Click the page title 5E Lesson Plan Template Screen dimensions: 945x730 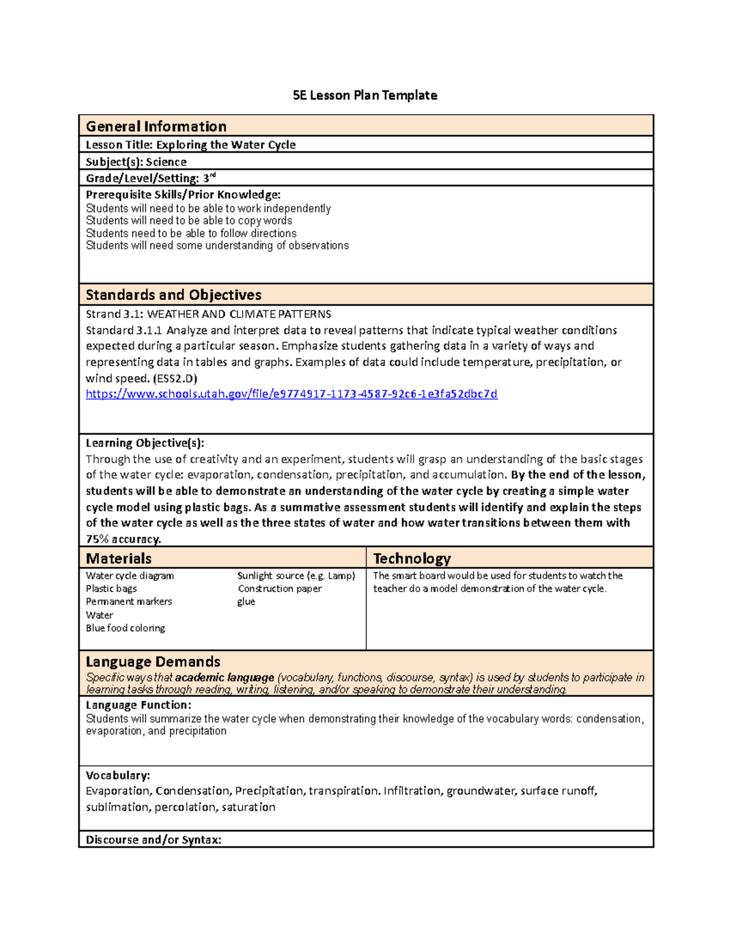coord(364,96)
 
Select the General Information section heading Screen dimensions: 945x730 coord(156,127)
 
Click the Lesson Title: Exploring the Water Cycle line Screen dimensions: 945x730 coord(190,145)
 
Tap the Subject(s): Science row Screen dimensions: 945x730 coord(136,162)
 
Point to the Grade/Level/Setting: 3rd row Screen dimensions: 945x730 coord(150,178)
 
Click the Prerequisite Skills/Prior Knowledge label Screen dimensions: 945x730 coord(183,195)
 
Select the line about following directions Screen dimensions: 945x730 coord(191,233)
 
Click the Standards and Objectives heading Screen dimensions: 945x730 coord(173,295)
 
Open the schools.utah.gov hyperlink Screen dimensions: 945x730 coord(291,394)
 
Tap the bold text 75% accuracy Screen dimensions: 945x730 coord(123,539)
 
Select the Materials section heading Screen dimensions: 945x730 coord(119,559)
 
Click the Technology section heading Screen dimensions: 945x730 coord(412,559)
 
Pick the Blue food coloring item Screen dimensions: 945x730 coord(125,628)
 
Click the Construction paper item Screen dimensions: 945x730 coord(279,588)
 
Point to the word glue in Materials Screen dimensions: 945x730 coord(246,602)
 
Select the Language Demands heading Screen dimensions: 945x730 coord(153,662)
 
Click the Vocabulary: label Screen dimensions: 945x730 coord(117,775)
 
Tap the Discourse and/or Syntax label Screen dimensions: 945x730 coord(153,840)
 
